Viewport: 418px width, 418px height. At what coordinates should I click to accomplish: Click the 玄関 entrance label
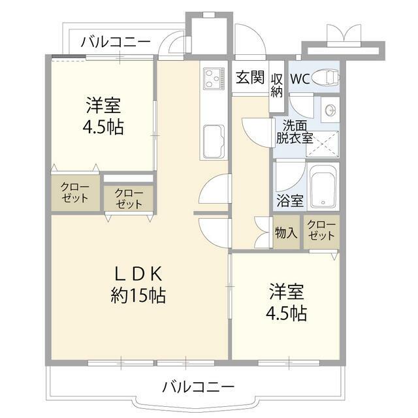point(249,78)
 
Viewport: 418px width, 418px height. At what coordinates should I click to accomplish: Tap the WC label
point(300,79)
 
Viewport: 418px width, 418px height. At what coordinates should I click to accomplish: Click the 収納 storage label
point(277,85)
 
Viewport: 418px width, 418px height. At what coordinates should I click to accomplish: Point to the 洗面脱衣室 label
point(294,131)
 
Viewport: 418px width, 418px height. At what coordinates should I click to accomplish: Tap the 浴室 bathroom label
point(289,201)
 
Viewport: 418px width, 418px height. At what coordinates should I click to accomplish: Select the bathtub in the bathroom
point(323,187)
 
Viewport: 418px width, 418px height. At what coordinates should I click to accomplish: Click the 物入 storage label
point(286,233)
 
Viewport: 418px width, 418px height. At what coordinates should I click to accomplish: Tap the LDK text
point(138,274)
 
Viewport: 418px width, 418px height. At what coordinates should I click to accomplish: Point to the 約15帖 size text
point(138,295)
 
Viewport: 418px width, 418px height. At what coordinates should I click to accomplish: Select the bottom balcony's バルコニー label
point(198,386)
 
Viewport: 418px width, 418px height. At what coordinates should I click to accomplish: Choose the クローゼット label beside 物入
point(321,231)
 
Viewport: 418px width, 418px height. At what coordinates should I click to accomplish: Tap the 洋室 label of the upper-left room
point(103,104)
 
